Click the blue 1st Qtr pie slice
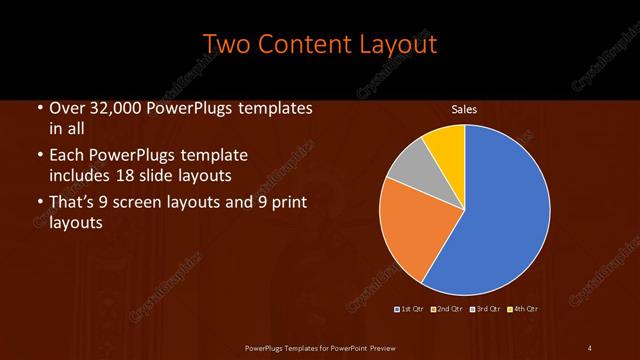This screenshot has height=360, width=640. (x=500, y=210)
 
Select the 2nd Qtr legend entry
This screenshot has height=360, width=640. (x=448, y=308)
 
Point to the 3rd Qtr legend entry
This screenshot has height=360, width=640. (x=487, y=308)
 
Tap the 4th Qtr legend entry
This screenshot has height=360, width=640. (x=525, y=308)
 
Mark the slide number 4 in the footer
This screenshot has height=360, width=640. (x=590, y=347)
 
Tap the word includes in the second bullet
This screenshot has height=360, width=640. (x=79, y=175)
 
